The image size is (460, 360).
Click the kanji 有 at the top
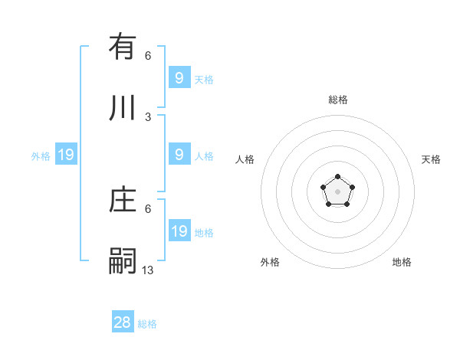click(123, 47)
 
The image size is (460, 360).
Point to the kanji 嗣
click(123, 260)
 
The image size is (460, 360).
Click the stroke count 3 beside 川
click(148, 117)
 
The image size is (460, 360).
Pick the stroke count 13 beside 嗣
click(148, 270)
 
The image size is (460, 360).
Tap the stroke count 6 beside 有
click(148, 56)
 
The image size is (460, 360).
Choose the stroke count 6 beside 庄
click(148, 208)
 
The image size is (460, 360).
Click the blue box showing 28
click(123, 322)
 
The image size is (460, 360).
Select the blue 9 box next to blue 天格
click(179, 77)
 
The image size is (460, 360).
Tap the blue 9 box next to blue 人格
click(179, 154)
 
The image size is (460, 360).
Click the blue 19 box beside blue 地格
click(179, 231)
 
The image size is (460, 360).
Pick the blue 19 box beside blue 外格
click(66, 155)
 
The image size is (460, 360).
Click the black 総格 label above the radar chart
click(338, 100)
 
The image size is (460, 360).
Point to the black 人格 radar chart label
click(245, 159)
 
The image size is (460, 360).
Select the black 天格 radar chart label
click(431, 159)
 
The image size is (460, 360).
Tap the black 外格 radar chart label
click(270, 262)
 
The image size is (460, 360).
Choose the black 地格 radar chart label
click(402, 262)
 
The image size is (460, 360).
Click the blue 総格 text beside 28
click(147, 324)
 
